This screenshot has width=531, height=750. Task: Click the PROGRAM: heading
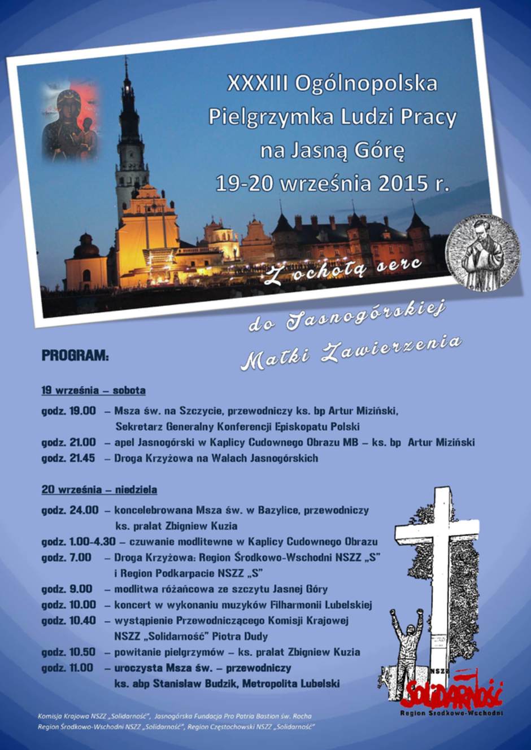75,356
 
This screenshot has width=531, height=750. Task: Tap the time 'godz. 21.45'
68,458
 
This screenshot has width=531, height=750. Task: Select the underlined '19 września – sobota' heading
93,391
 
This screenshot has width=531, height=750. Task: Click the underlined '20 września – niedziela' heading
99,490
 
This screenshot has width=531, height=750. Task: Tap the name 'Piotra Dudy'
240,637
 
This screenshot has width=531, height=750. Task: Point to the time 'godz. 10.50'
68,652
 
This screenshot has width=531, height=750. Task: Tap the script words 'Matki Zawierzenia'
350,352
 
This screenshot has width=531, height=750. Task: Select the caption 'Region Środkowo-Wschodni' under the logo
451,713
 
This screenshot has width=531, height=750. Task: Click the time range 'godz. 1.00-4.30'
78,542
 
